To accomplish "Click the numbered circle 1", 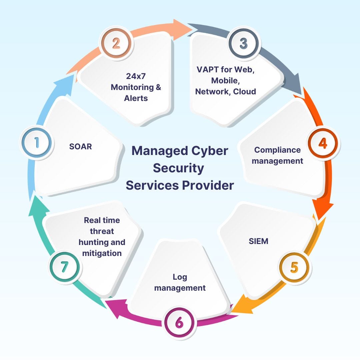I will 37,143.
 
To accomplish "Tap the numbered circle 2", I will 116,44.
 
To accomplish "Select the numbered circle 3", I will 244,44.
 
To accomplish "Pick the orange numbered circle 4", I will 323,143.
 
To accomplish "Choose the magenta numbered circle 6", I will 179,322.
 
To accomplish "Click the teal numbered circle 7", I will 64,267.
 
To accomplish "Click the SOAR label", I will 80,146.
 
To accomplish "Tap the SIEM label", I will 258,241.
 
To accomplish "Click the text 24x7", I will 136,76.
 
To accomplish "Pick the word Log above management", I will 180,277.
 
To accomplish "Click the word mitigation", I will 102,253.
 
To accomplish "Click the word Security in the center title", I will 178,168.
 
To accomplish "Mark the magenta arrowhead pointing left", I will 112,303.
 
